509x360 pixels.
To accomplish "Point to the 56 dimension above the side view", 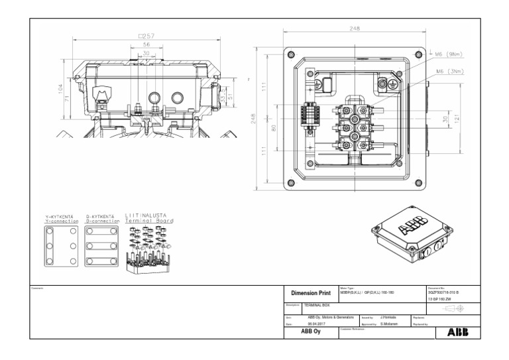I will [146, 46].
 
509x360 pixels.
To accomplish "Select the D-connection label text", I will [103, 219].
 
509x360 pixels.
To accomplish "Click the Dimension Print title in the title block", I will [310, 292].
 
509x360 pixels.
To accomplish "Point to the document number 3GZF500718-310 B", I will [444, 292].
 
